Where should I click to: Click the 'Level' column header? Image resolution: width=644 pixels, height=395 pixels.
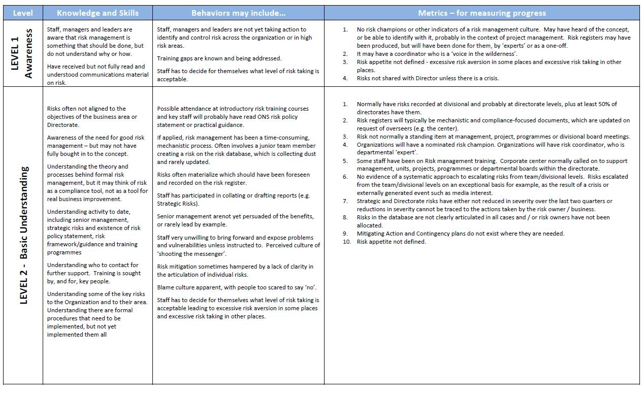pyautogui.click(x=23, y=13)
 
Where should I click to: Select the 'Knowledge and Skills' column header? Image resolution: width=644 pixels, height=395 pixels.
pyautogui.click(x=98, y=13)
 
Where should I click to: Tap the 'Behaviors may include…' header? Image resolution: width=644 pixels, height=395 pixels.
pyautogui.click(x=238, y=13)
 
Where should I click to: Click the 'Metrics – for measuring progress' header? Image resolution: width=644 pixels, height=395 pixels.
pyautogui.click(x=482, y=13)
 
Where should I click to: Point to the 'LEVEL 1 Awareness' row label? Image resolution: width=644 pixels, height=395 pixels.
pyautogui.click(x=23, y=53)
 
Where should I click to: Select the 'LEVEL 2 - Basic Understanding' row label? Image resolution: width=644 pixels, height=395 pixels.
pyautogui.click(x=23, y=235)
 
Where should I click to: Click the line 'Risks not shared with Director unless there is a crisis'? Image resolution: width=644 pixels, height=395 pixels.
pyautogui.click(x=428, y=78)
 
